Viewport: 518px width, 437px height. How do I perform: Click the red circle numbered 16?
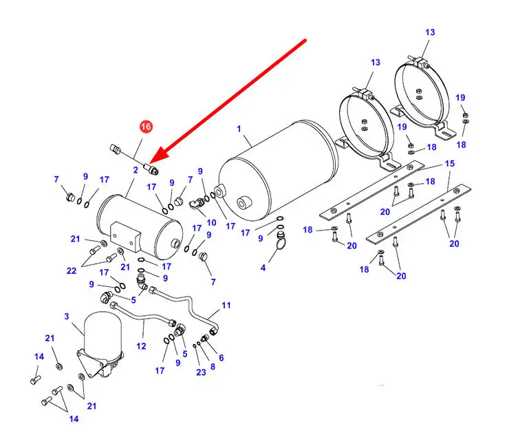[x=146, y=127]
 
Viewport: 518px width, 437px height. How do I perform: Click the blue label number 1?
[x=239, y=129]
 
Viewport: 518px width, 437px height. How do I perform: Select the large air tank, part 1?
[x=279, y=175]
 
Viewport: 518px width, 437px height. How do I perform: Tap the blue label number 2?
[x=136, y=169]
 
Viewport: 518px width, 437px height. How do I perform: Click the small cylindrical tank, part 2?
[x=138, y=222]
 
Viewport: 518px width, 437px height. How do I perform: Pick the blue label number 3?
[x=67, y=317]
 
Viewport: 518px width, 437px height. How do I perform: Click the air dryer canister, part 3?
[x=104, y=340]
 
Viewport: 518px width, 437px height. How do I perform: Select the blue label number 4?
[x=263, y=268]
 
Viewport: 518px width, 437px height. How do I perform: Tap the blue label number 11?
[x=226, y=305]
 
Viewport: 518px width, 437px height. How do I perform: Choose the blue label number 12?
[x=141, y=346]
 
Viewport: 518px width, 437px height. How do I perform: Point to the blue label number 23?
[x=201, y=372]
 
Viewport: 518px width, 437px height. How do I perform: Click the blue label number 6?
[x=221, y=358]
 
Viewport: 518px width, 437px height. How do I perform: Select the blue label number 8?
[x=213, y=366]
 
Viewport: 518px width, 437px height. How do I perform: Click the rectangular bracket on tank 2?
[x=125, y=234]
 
